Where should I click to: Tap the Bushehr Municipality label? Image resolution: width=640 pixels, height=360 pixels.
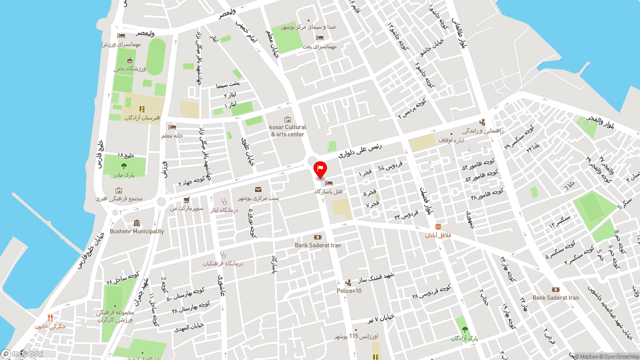(136, 231)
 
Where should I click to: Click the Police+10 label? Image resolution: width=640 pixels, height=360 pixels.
(348, 291)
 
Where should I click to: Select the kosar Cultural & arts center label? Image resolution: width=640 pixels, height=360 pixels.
(287, 130)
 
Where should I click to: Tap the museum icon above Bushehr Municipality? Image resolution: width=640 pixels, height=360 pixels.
(137, 223)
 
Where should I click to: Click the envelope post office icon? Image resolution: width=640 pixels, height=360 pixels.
(258, 189)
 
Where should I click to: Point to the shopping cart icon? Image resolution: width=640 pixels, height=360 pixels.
(186, 200)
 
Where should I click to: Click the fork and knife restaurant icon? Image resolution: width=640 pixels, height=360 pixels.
(50, 317)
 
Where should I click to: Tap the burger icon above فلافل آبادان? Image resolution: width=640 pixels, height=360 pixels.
(438, 226)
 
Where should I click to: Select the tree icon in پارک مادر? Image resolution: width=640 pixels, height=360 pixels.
(124, 166)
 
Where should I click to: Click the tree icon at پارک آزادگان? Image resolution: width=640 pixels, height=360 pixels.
(465, 329)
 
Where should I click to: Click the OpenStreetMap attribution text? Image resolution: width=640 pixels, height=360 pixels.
(621, 356)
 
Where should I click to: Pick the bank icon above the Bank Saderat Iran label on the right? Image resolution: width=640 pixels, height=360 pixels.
(555, 289)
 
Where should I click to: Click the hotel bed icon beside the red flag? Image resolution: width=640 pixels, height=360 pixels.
(328, 183)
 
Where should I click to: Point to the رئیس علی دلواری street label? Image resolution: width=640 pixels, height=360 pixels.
(360, 149)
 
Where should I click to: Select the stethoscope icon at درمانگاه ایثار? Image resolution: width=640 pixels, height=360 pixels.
(224, 201)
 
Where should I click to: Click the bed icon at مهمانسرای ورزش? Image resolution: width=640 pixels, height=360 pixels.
(121, 36)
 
